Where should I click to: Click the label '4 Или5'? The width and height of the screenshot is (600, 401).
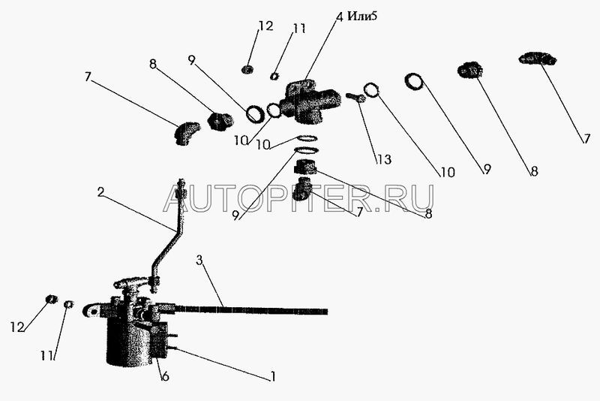pyautogui.click(x=355, y=17)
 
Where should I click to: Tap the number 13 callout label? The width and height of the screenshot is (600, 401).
pyautogui.click(x=384, y=159)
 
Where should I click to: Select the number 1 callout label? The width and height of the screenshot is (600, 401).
pyautogui.click(x=273, y=376)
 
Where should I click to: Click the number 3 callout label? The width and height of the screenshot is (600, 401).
pyautogui.click(x=199, y=261)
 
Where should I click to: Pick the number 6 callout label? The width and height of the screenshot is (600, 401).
pyautogui.click(x=165, y=376)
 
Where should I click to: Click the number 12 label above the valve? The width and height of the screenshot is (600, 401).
pyautogui.click(x=265, y=27)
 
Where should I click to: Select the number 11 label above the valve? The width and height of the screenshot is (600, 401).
pyautogui.click(x=299, y=29)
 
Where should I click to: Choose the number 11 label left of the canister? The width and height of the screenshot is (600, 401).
pyautogui.click(x=47, y=356)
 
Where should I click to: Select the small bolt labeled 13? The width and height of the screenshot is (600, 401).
pyautogui.click(x=355, y=97)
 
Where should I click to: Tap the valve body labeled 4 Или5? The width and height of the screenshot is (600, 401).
pyautogui.click(x=307, y=101)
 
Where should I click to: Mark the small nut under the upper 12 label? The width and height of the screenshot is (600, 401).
pyautogui.click(x=246, y=70)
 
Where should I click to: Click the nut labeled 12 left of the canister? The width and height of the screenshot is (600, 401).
pyautogui.click(x=52, y=300)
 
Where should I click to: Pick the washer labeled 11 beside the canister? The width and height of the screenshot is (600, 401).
pyautogui.click(x=67, y=304)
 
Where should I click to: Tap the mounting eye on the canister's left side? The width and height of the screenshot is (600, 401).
pyautogui.click(x=92, y=309)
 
